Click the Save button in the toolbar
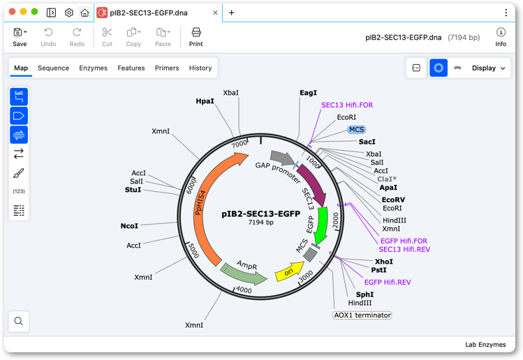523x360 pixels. click(x=20, y=37)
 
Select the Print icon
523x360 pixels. click(x=196, y=32)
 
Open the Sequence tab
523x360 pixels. click(x=53, y=68)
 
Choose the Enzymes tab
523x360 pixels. click(x=93, y=68)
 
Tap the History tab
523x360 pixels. click(x=200, y=68)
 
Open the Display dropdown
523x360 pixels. click(x=488, y=68)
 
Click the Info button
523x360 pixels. click(x=501, y=37)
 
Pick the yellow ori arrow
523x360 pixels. click(x=289, y=271)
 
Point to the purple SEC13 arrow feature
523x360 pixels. click(x=313, y=184)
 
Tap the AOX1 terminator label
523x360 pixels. click(x=362, y=315)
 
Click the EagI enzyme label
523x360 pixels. click(x=308, y=93)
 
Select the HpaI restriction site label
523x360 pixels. click(x=205, y=101)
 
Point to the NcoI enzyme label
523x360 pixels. click(x=129, y=226)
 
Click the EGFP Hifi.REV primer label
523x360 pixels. click(x=388, y=283)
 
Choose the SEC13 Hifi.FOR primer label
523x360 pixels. click(x=347, y=105)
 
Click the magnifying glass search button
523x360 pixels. click(x=19, y=321)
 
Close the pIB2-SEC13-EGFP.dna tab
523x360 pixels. click(x=215, y=13)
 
